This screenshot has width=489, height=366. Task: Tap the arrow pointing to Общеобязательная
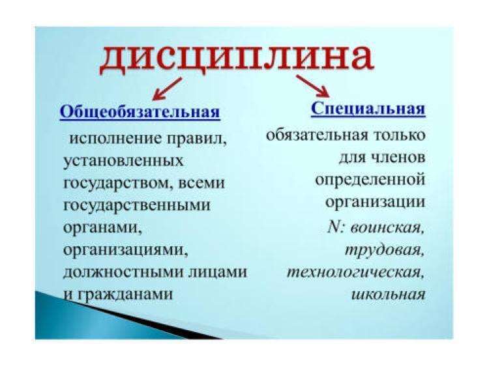pos(167,89)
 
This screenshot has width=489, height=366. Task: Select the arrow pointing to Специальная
pos(313,86)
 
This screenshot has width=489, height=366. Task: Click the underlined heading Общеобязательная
pos(140,111)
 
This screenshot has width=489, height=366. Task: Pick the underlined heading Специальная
pos(368,109)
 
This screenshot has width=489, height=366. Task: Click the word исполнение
pos(115,138)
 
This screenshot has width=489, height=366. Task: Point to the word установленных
pos(123,161)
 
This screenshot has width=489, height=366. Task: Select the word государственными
pos(137,206)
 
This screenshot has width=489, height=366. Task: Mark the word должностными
pos(123,272)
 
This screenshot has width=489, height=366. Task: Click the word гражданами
pos(124,294)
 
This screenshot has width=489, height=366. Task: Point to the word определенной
pos(370,180)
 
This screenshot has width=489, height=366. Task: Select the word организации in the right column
pos(375,203)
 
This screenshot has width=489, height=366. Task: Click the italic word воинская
pos(387,228)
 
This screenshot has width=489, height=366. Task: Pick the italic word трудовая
pos(385,251)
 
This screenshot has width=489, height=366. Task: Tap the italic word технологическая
pos(355,273)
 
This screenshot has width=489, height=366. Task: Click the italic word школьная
pos(389,294)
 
